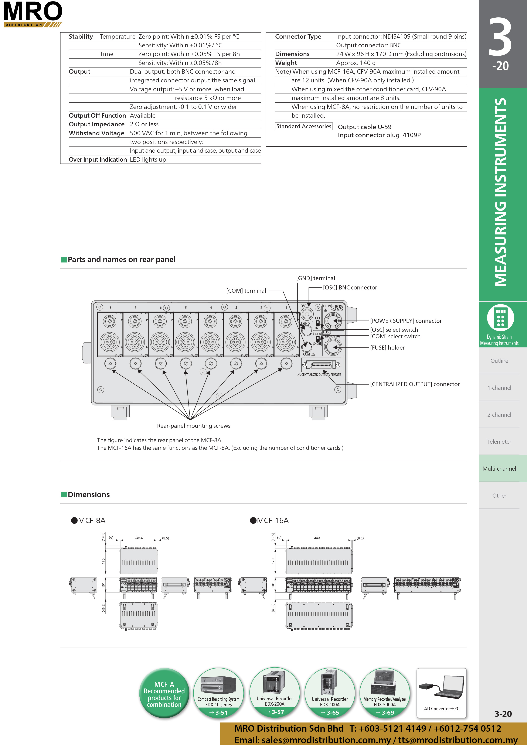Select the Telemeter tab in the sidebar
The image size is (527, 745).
click(499, 442)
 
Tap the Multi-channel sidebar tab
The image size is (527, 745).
click(499, 468)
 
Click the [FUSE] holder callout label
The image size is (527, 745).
click(387, 347)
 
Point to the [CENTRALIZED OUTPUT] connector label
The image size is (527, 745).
click(415, 384)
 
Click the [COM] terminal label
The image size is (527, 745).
click(246, 291)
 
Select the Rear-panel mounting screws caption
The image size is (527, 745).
click(194, 426)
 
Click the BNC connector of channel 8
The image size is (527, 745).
click(110, 322)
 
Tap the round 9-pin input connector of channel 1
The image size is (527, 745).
click(286, 342)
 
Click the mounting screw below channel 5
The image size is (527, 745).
click(186, 363)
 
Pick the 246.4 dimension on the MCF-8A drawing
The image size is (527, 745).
click(139, 538)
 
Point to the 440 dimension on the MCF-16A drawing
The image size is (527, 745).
click(317, 538)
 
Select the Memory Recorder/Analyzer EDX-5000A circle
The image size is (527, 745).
click(385, 693)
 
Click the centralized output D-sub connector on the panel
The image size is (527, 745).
click(321, 365)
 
